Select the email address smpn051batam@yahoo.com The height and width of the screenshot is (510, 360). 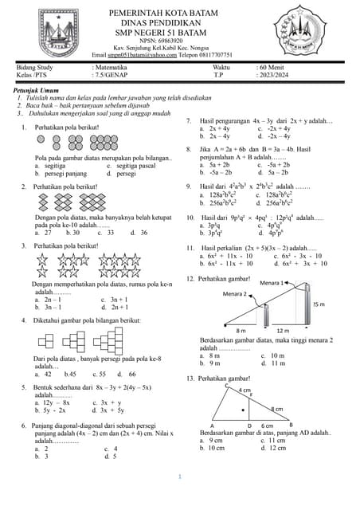click(x=151, y=54)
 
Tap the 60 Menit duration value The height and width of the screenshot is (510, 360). click(x=272, y=68)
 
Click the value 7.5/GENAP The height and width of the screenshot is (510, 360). click(x=112, y=76)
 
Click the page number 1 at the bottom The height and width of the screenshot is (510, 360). click(x=180, y=477)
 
